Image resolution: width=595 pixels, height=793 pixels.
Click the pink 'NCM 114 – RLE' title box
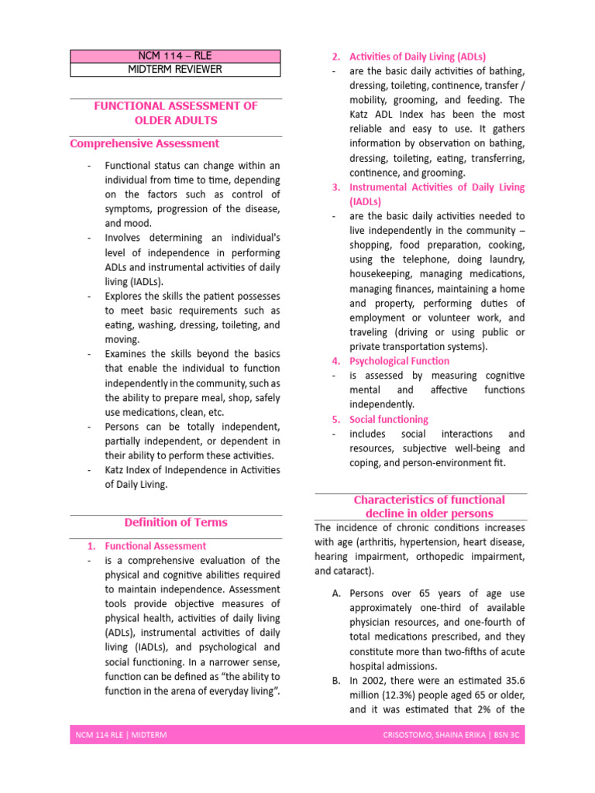click(175, 56)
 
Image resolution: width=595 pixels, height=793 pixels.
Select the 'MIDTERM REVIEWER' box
click(175, 70)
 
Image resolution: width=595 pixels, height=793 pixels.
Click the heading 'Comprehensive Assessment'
click(144, 143)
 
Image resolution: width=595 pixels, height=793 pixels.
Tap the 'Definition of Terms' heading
click(176, 522)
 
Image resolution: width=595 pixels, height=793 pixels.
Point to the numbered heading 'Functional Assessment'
click(155, 546)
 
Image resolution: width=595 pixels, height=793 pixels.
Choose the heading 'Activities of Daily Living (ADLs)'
click(418, 57)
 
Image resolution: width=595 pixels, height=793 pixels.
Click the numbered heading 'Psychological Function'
click(399, 361)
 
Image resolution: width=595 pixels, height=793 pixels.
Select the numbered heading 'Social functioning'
click(388, 419)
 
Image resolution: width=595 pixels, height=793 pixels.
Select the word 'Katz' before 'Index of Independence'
click(117, 470)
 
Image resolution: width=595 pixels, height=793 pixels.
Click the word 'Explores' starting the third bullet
click(124, 296)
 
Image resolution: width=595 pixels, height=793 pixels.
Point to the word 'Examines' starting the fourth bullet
click(126, 354)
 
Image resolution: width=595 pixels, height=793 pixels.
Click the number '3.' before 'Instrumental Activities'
click(336, 187)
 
